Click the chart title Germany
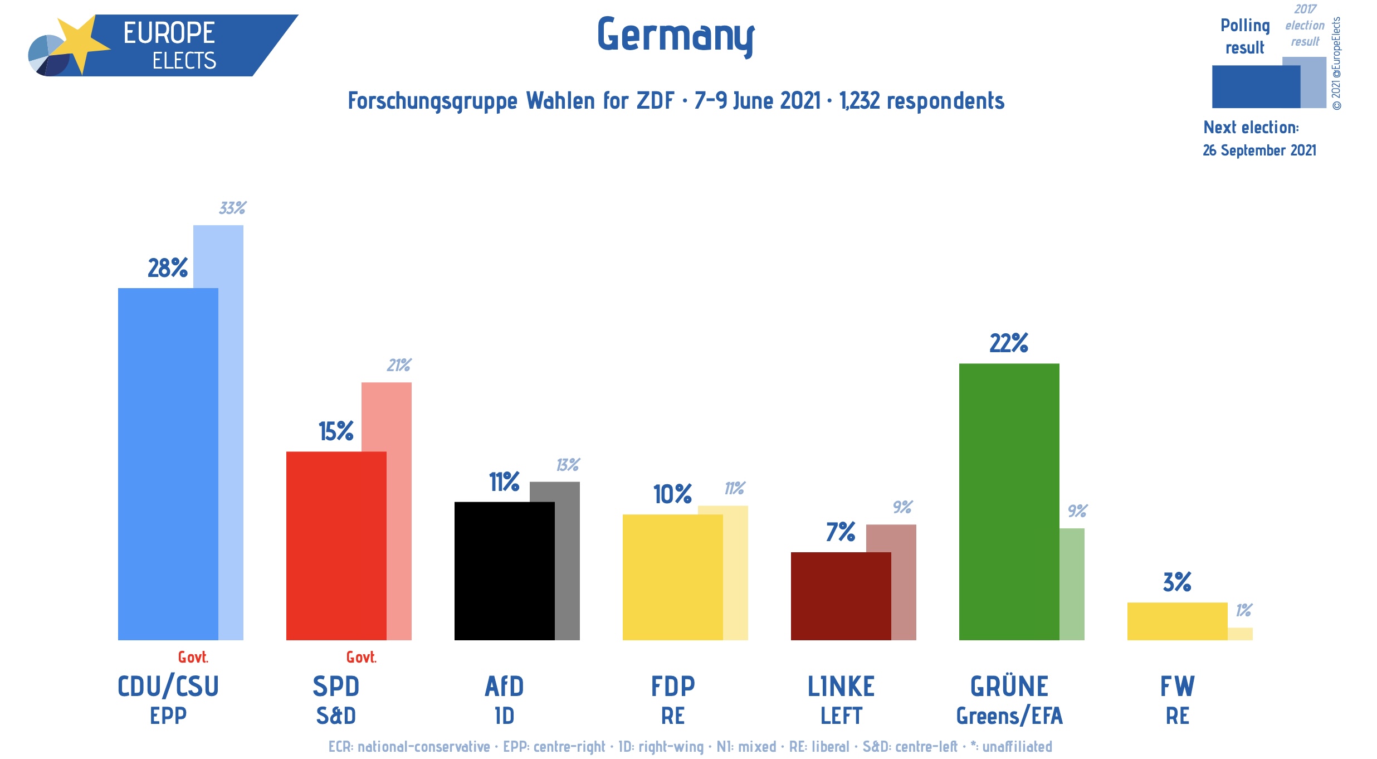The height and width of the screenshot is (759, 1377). pyautogui.click(x=676, y=35)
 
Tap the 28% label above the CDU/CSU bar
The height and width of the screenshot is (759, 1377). pyautogui.click(x=167, y=268)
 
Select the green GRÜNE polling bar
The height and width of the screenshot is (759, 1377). pyautogui.click(x=1009, y=502)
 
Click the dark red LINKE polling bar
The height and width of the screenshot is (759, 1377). pyautogui.click(x=841, y=596)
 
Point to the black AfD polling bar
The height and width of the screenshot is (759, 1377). pyautogui.click(x=504, y=571)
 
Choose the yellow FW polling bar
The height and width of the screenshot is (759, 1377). pyautogui.click(x=1177, y=621)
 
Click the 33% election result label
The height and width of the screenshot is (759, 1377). pyautogui.click(x=232, y=208)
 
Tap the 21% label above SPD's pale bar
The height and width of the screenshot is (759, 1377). pyautogui.click(x=399, y=366)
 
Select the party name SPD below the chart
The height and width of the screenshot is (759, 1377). pyautogui.click(x=336, y=687)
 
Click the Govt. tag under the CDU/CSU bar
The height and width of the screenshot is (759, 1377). pyautogui.click(x=193, y=658)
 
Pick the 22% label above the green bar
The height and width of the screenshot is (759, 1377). pyautogui.click(x=1009, y=343)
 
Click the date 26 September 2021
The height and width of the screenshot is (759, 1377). pyautogui.click(x=1259, y=150)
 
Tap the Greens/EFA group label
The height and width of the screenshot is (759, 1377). pyautogui.click(x=1009, y=716)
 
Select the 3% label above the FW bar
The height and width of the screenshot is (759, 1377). pyautogui.click(x=1177, y=582)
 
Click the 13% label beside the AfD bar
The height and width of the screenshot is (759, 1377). pyautogui.click(x=568, y=465)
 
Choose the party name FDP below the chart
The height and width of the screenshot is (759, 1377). pyautogui.click(x=673, y=687)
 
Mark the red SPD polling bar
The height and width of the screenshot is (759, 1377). pyautogui.click(x=336, y=546)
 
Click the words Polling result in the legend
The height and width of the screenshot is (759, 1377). pyautogui.click(x=1245, y=37)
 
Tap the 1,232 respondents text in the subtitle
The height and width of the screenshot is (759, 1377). pyautogui.click(x=922, y=101)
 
